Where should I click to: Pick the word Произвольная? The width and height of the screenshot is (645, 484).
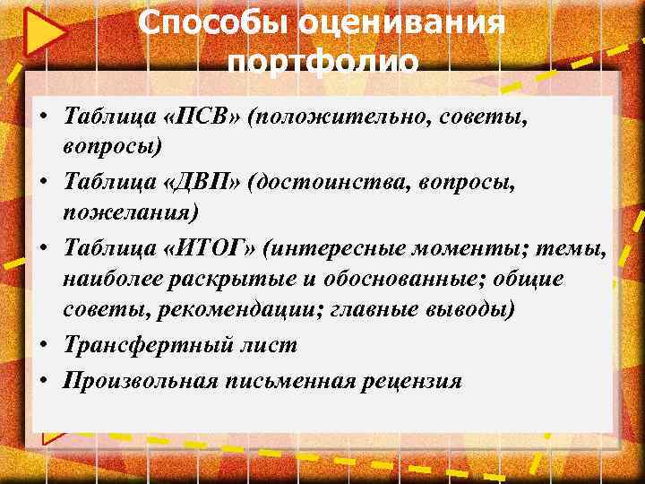(x=141, y=380)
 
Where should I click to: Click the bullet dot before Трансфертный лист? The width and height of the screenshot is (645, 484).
(x=43, y=345)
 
